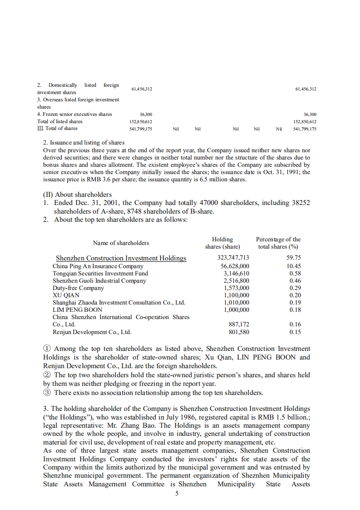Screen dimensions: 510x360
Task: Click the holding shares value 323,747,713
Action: pyautogui.click(x=233, y=258)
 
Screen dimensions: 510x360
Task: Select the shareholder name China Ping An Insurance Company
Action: pyautogui.click(x=98, y=266)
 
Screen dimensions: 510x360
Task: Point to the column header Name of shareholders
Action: pyautogui.click(x=121, y=243)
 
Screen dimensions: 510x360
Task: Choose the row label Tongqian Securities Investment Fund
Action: pyautogui.click(x=100, y=273)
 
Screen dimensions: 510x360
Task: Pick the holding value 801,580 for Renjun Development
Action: pyautogui.click(x=237, y=332)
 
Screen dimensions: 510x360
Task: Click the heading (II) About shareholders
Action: pyautogui.click(x=77, y=194)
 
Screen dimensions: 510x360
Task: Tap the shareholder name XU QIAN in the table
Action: pyautogui.click(x=66, y=295)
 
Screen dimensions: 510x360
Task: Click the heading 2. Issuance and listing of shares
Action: pyautogui.click(x=84, y=142)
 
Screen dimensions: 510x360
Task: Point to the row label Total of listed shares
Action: pyautogui.click(x=60, y=121)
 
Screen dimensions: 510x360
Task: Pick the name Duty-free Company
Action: pyautogui.click(x=78, y=288)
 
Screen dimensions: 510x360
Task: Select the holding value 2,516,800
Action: pyautogui.click(x=237, y=280)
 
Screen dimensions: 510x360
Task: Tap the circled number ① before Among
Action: pyautogui.click(x=47, y=349)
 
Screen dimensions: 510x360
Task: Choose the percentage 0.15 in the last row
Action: pyautogui.click(x=295, y=332)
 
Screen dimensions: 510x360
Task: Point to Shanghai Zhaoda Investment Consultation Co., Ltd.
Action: pyautogui.click(x=119, y=302)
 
